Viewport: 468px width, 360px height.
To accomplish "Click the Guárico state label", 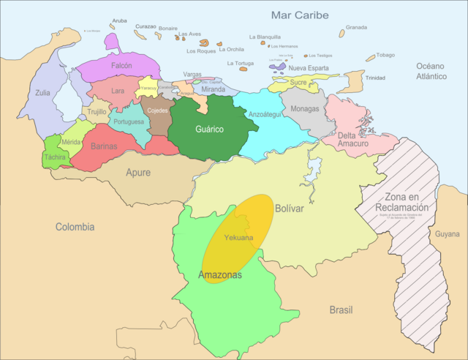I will (209, 130).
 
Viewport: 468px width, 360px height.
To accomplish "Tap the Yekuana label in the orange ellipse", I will (239, 238).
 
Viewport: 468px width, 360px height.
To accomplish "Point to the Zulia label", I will (43, 93).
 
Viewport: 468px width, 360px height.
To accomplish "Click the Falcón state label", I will (121, 65).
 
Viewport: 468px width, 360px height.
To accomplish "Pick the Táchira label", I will (55, 157).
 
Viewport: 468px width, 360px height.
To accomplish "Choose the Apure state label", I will (138, 174).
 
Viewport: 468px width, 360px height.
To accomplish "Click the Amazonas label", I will (219, 275).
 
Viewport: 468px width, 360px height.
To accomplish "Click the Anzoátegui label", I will (265, 114).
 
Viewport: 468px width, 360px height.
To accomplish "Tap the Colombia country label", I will (75, 227).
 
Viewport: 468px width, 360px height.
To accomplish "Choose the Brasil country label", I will (341, 310).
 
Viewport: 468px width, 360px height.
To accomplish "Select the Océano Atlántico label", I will (431, 71).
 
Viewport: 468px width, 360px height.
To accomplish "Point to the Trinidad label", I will (375, 78).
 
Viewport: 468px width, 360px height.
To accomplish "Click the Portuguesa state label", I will (129, 121).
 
